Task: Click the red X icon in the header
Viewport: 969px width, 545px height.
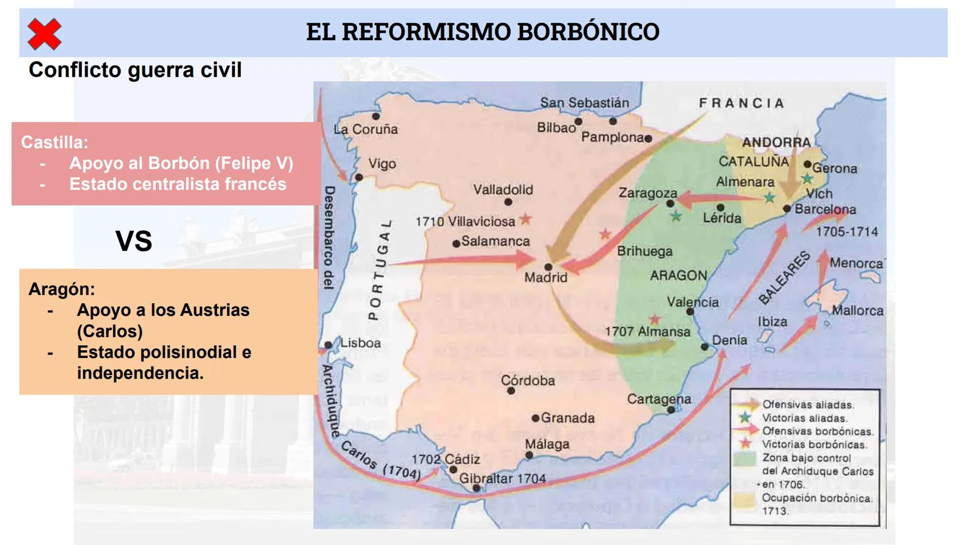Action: [x=44, y=34]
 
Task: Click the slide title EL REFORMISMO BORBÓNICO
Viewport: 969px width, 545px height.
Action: [x=482, y=32]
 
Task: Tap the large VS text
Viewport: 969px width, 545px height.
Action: [x=134, y=241]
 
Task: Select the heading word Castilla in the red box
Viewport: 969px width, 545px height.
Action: [x=55, y=142]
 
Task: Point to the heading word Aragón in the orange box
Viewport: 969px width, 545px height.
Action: [x=62, y=289]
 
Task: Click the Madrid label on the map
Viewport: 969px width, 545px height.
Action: [x=546, y=277]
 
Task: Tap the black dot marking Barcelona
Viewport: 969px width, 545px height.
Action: [x=787, y=208]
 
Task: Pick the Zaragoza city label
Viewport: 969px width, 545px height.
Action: [x=648, y=193]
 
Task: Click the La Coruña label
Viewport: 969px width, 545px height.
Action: [x=365, y=129]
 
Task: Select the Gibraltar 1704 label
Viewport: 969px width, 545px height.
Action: [x=502, y=478]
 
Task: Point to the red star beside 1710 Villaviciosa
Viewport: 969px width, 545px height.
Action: [x=526, y=219]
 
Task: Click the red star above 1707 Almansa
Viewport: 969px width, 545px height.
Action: [x=655, y=319]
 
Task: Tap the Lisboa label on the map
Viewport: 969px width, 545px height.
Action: [x=360, y=343]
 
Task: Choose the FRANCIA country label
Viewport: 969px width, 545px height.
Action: [x=741, y=103]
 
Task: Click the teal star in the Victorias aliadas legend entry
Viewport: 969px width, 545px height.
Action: [x=745, y=418]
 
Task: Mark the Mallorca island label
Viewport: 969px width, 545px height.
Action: [x=857, y=310]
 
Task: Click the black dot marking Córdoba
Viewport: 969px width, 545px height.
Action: [x=511, y=391]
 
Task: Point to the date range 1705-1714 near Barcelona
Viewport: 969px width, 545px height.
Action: [x=847, y=232]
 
